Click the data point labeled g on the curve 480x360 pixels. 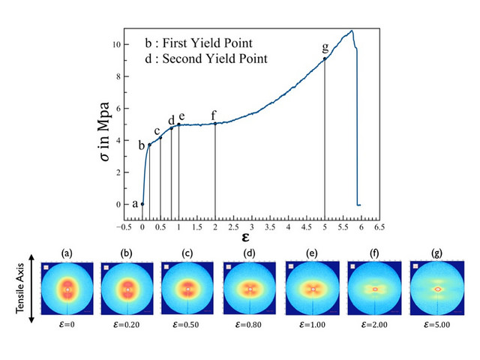click(325, 58)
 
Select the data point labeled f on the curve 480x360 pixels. click(215, 123)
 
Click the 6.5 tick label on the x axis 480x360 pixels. click(380, 226)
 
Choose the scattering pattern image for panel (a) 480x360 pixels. click(67, 289)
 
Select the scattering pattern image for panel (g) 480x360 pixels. click(436, 289)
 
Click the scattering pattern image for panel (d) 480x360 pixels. click(251, 289)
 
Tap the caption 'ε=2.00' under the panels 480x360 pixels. click(374, 326)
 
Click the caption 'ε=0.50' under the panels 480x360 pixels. click(190, 326)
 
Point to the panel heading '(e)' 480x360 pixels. click(313, 253)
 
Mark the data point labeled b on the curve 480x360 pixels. click(149, 145)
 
